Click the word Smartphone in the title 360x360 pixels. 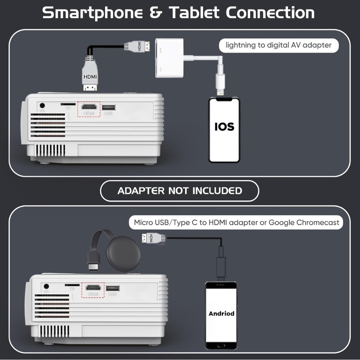[93, 13]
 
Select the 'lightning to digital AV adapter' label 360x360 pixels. [279, 45]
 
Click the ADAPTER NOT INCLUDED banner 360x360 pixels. [180, 191]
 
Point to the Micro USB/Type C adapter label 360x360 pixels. [236, 222]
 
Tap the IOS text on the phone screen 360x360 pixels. [224, 126]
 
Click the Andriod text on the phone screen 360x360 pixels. [221, 314]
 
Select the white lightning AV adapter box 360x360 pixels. [169, 58]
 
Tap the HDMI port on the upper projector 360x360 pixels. [89, 107]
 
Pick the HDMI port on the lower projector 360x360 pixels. [93, 287]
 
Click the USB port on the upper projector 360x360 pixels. [109, 107]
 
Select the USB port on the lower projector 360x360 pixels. [113, 288]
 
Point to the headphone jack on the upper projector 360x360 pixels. [42, 105]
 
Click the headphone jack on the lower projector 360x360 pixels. [46, 286]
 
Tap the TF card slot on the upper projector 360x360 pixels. [68, 104]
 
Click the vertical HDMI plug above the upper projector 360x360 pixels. [90, 74]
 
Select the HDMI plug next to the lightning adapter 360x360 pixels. [137, 46]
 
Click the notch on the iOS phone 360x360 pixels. [224, 99]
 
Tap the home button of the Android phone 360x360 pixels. [221, 346]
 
